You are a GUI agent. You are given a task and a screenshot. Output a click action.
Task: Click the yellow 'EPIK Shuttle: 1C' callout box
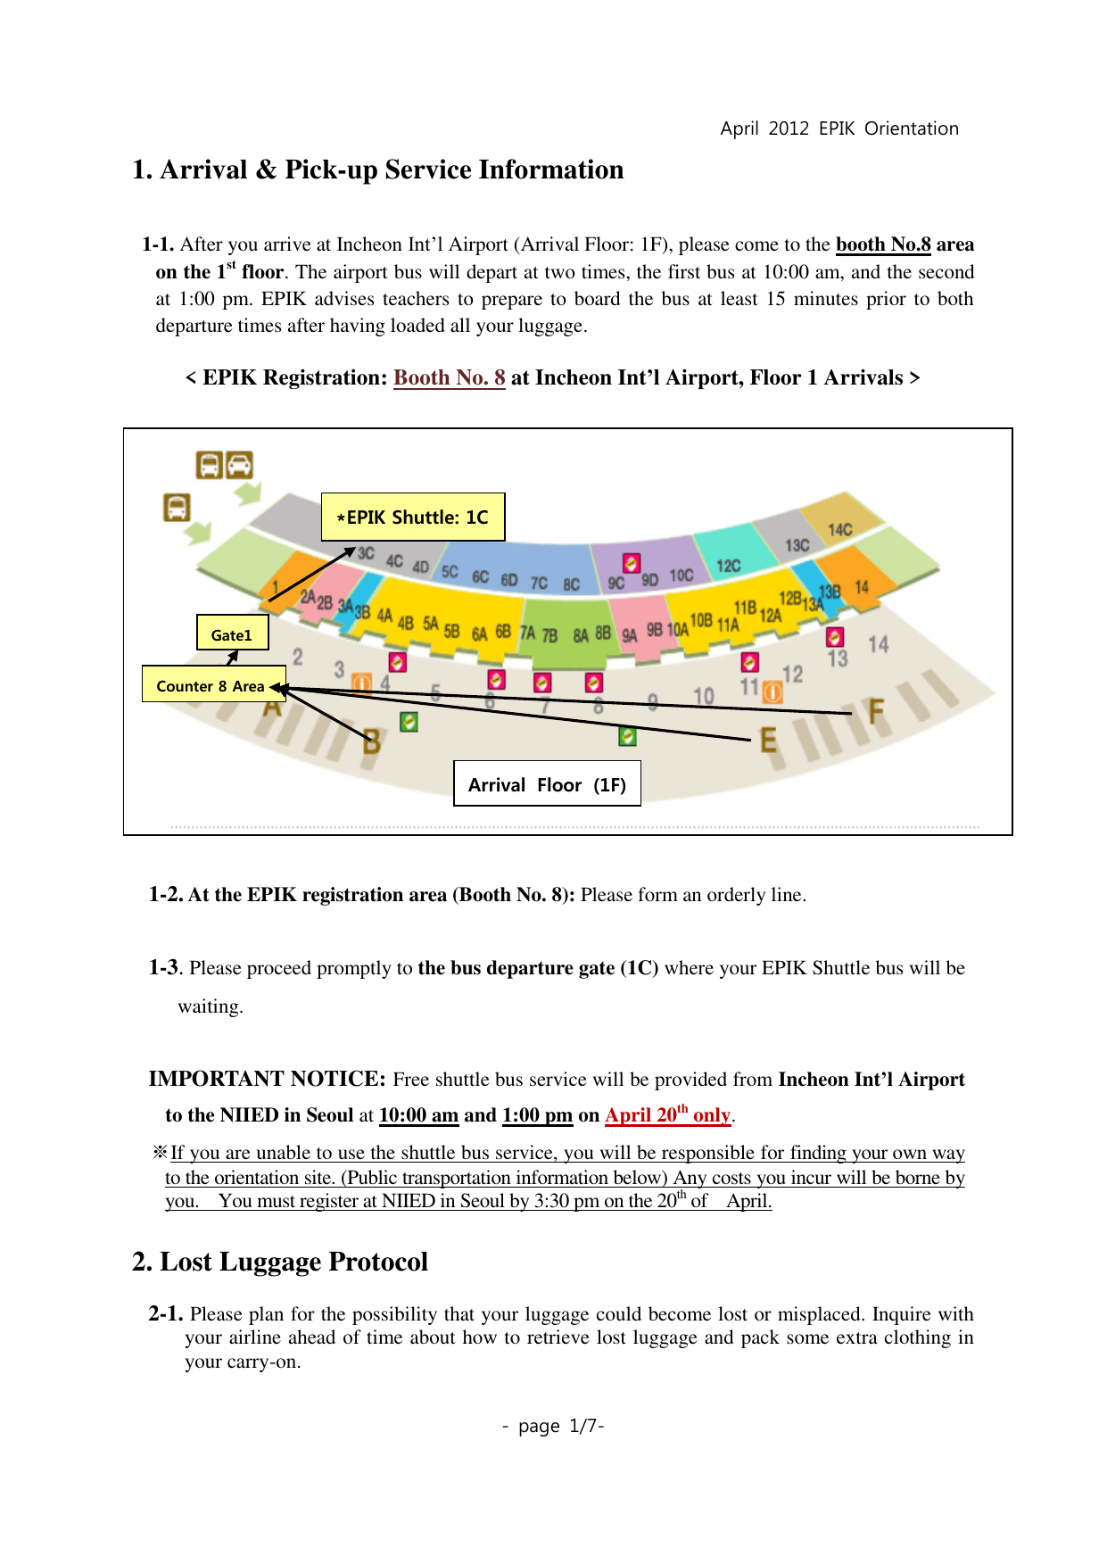tap(413, 517)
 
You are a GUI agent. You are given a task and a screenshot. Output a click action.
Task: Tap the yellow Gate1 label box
tap(232, 633)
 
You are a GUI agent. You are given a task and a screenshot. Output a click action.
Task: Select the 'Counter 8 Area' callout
tap(211, 684)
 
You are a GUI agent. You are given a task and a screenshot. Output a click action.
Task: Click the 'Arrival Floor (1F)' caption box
tap(547, 783)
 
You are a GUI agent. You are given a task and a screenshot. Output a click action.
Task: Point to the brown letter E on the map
tap(767, 740)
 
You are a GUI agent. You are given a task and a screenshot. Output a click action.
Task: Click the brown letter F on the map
tap(876, 711)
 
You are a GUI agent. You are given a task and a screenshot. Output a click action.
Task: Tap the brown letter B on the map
tap(372, 741)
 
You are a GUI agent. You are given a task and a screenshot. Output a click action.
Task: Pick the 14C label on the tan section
tap(839, 530)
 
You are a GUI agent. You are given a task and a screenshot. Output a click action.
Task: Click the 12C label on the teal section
tap(728, 566)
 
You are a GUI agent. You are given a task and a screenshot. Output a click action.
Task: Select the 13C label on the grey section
tap(797, 545)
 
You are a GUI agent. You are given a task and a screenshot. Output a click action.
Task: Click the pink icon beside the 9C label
tap(631, 563)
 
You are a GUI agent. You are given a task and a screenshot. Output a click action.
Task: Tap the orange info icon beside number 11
tap(772, 692)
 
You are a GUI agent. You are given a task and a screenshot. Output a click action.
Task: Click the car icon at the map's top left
tap(239, 465)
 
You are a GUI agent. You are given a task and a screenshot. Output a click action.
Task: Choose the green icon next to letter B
tap(409, 721)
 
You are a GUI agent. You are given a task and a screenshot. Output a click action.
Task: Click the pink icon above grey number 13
tap(834, 636)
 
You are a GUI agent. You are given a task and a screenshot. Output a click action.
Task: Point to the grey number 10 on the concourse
tap(703, 696)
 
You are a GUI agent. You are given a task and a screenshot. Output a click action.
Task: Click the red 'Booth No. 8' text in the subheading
tap(449, 377)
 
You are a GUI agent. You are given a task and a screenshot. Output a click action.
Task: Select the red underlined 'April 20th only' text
tap(667, 1115)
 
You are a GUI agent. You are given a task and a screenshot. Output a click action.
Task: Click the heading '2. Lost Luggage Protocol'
tap(280, 1262)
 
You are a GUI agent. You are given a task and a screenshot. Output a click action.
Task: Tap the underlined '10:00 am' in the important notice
tap(418, 1115)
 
